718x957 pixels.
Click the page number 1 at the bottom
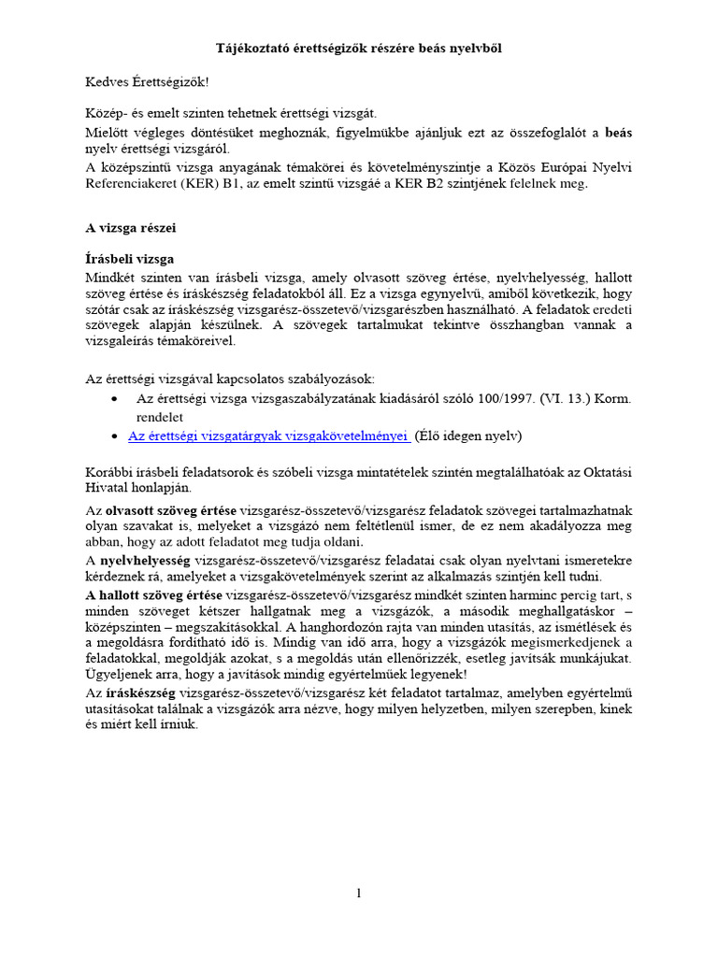[x=358, y=893]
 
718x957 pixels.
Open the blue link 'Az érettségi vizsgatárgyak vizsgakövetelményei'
[x=268, y=436]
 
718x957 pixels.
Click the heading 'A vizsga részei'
[x=130, y=227]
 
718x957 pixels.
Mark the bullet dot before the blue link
[x=114, y=436]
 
